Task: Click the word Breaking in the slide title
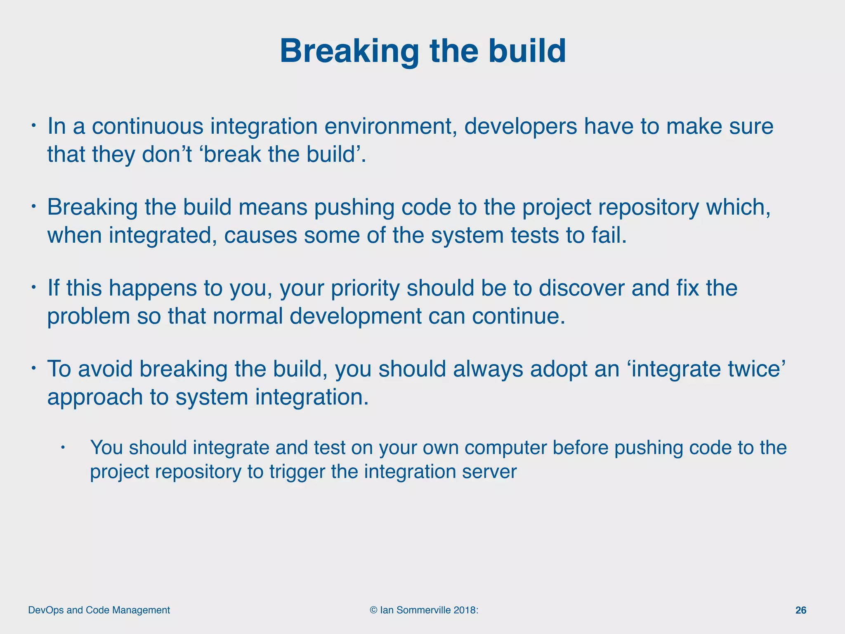(349, 51)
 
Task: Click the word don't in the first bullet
(167, 154)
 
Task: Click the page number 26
(800, 610)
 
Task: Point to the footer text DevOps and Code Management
(99, 610)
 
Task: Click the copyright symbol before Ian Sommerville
(373, 610)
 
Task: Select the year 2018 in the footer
(464, 610)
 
